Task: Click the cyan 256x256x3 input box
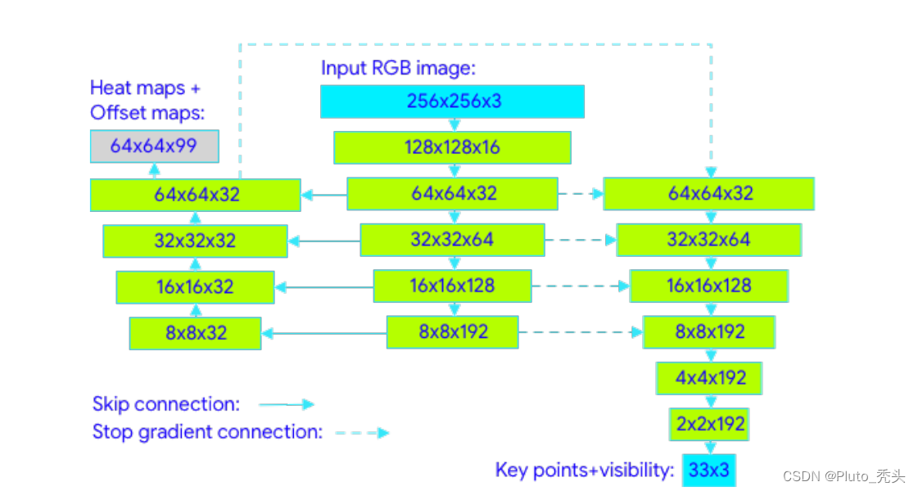[452, 101]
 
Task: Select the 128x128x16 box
[452, 148]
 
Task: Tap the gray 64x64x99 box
[154, 146]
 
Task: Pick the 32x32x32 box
[195, 241]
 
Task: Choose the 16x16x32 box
[195, 287]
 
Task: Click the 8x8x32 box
[195, 334]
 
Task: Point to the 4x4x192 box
[709, 378]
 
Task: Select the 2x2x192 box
[709, 424]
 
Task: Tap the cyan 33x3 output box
[709, 471]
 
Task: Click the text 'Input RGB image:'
[398, 68]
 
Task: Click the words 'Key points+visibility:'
[585, 471]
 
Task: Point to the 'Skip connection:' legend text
[165, 404]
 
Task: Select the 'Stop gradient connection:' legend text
[207, 431]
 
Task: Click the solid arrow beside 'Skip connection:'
[286, 404]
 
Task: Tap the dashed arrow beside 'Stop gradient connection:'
[362, 432]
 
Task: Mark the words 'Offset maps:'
[147, 112]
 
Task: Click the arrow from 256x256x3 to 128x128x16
[453, 124]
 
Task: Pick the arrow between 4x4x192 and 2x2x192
[710, 401]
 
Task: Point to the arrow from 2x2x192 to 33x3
[710, 447]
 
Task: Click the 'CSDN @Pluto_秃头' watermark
[843, 476]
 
